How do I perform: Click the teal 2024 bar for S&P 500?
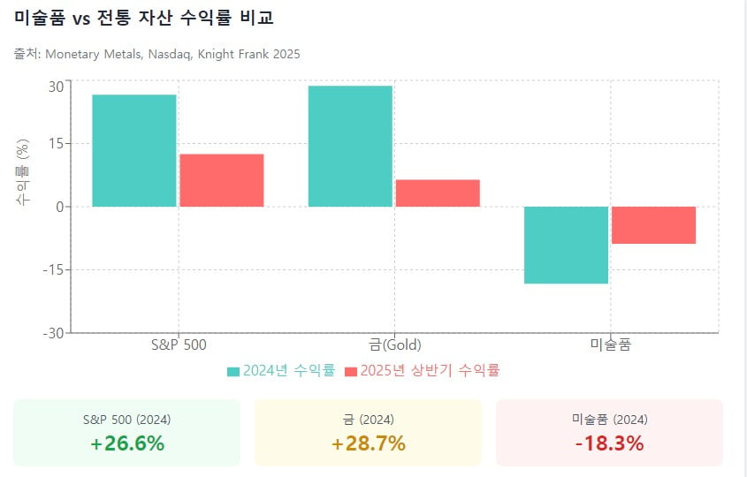point(134,150)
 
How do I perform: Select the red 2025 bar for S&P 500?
point(222,180)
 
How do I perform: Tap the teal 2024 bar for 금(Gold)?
point(350,146)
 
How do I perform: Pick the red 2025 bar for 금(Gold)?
point(438,193)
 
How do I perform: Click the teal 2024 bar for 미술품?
point(566,245)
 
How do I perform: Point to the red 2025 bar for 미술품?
point(653,225)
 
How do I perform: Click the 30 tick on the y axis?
point(55,87)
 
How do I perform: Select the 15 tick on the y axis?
point(55,143)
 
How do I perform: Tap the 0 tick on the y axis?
point(58,207)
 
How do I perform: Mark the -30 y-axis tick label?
point(52,333)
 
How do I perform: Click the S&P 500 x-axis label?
point(179,344)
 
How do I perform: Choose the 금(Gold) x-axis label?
point(394,344)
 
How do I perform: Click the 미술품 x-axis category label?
point(610,344)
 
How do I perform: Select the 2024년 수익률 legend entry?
point(281,371)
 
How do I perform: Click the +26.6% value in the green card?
point(127,443)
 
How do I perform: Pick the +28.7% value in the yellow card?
point(369,443)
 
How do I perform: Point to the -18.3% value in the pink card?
point(609,443)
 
